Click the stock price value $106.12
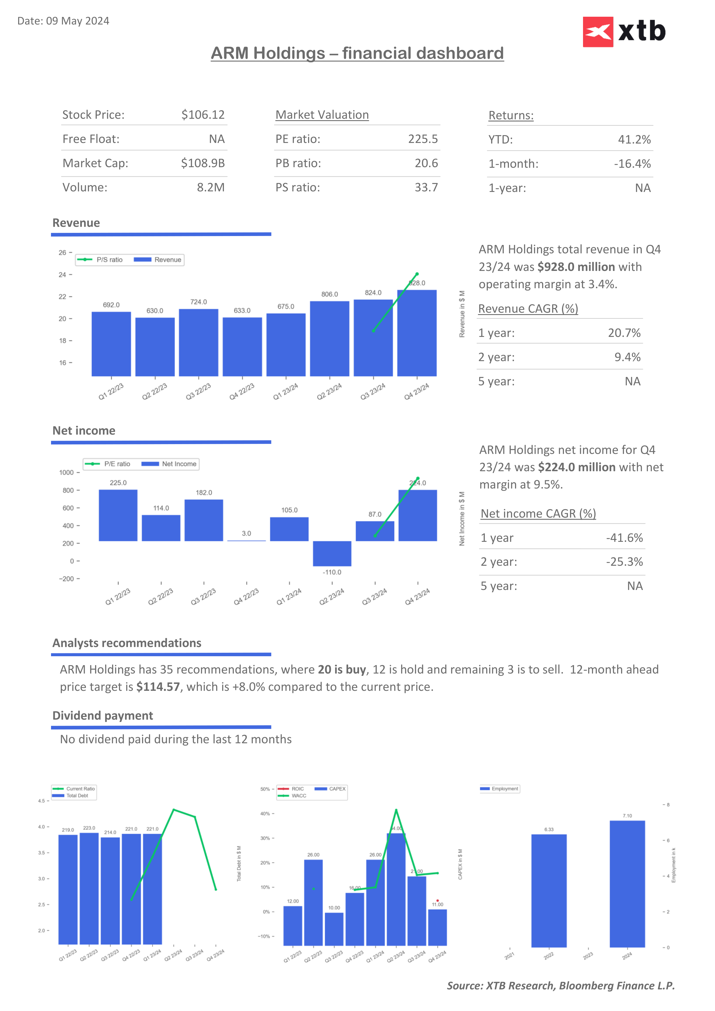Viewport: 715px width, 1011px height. click(203, 115)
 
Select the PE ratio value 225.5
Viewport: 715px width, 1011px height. click(423, 139)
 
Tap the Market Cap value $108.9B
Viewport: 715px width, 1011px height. click(203, 163)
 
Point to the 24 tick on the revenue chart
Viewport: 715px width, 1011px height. click(63, 275)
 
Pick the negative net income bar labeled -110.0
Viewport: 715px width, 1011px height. click(332, 554)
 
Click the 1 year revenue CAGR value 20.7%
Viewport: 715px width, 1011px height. click(624, 333)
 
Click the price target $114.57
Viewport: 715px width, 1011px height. click(158, 687)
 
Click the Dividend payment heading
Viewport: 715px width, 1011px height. click(103, 716)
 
